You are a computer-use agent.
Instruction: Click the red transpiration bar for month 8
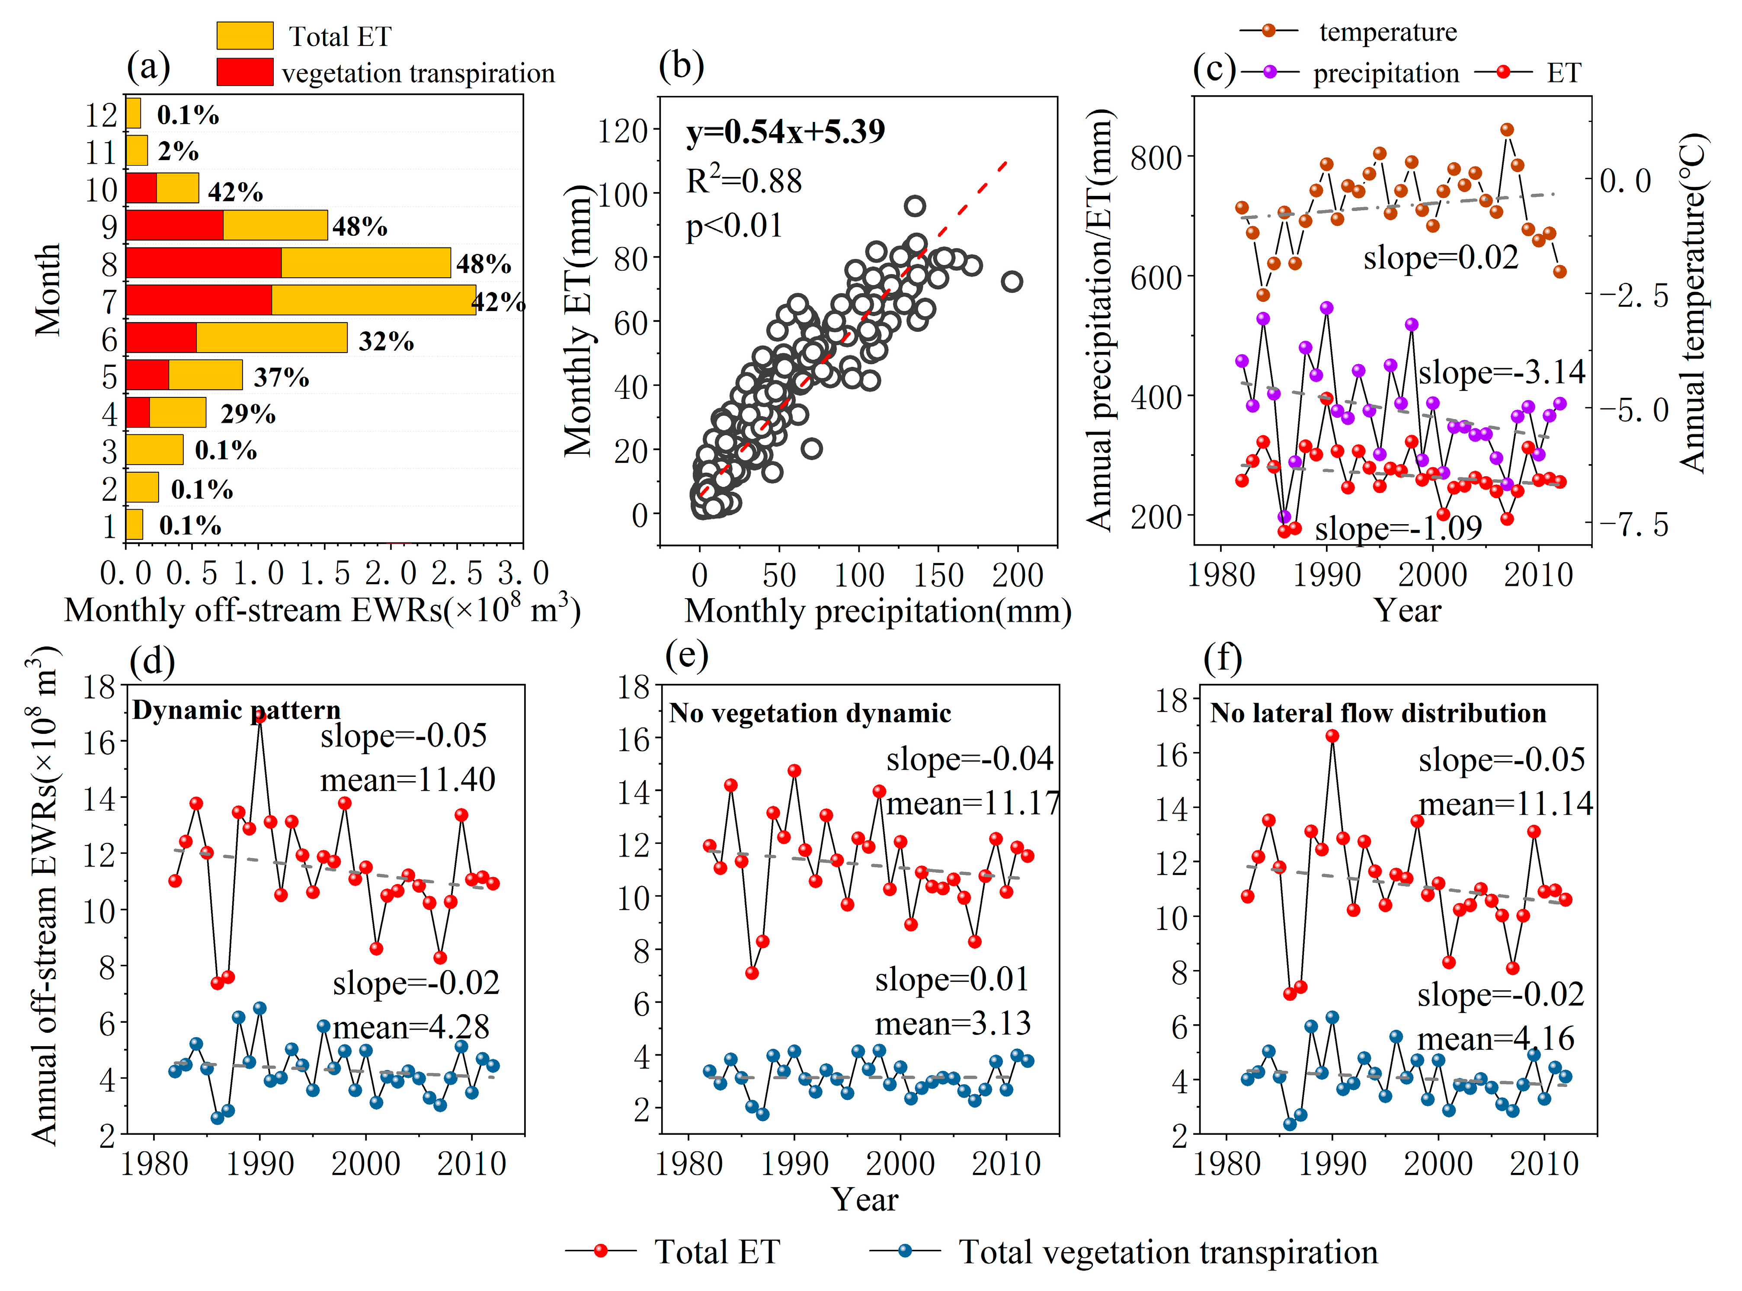click(203, 263)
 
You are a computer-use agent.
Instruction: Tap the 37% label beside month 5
click(282, 378)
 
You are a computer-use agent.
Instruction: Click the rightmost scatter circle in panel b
click(1011, 281)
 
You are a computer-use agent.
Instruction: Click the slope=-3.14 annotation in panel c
click(1501, 372)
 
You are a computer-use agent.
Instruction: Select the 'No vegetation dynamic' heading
click(810, 713)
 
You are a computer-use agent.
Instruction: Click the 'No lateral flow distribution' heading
click(1378, 713)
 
